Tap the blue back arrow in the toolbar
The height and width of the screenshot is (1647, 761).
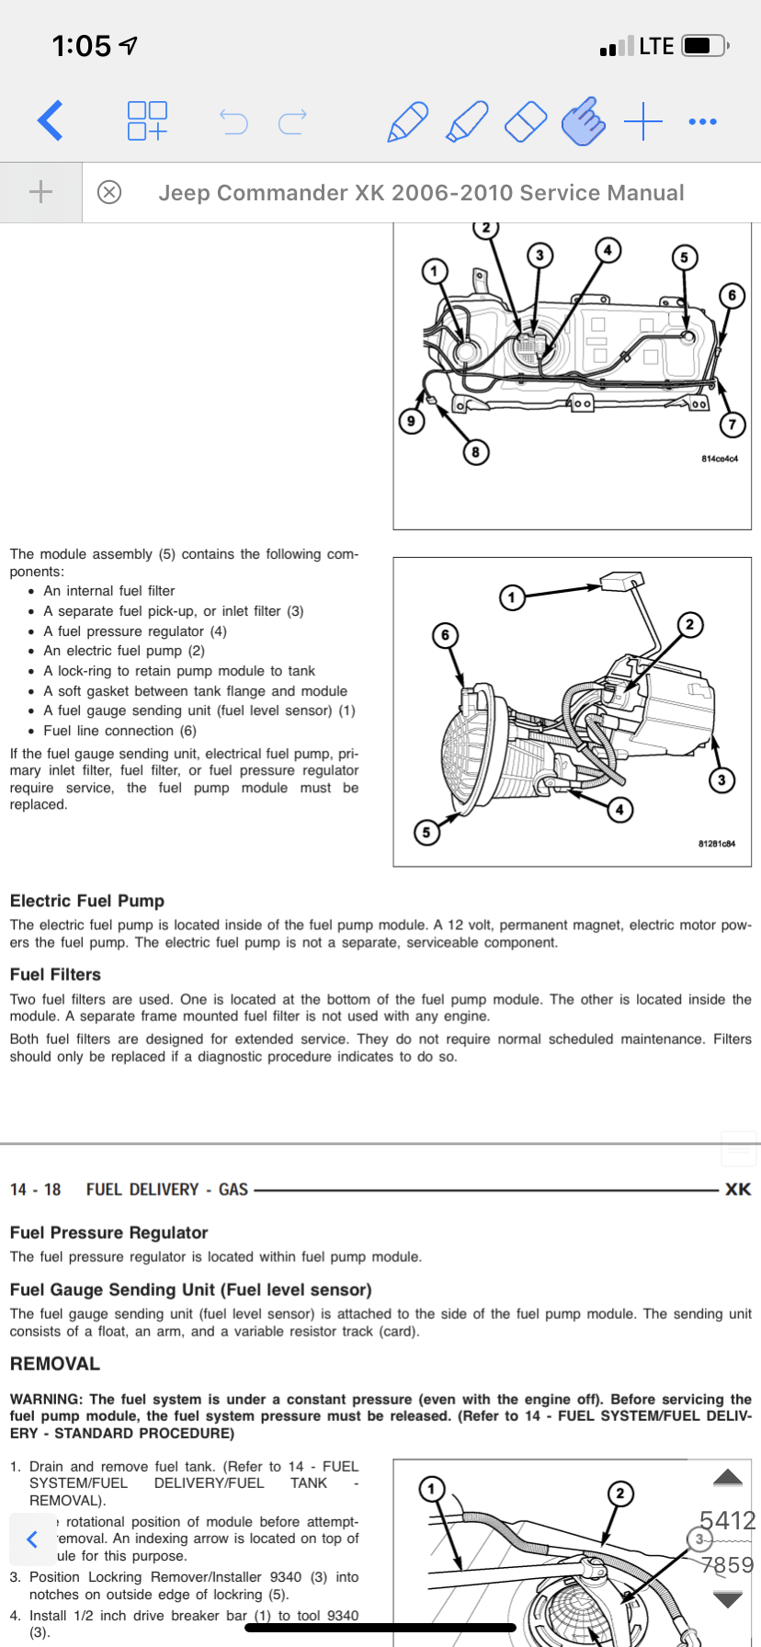coord(51,120)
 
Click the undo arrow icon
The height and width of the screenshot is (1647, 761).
coord(233,121)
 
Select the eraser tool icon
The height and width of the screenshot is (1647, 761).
coord(526,121)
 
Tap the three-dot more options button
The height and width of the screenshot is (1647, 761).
coord(702,121)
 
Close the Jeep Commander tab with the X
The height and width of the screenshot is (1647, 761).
coord(109,192)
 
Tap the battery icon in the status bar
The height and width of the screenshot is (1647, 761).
coord(704,46)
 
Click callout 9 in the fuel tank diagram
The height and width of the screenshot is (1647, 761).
coord(411,421)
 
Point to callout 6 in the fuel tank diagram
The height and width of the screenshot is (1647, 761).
coord(732,295)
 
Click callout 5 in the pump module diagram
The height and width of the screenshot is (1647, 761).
coord(426,833)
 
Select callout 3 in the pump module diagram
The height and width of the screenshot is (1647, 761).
coord(721,780)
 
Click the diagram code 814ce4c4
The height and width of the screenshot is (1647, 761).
coord(719,459)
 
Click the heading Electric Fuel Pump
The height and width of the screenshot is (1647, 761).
coord(87,901)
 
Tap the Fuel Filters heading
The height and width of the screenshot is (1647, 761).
coord(55,974)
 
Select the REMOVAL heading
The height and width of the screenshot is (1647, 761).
coord(54,1364)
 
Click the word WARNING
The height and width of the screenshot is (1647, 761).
coord(45,1399)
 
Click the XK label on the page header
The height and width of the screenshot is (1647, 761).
coord(737,1189)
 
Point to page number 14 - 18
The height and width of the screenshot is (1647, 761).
coord(36,1189)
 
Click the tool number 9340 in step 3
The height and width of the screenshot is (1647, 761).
coord(286,1576)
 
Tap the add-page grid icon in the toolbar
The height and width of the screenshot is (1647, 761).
coord(147,120)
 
